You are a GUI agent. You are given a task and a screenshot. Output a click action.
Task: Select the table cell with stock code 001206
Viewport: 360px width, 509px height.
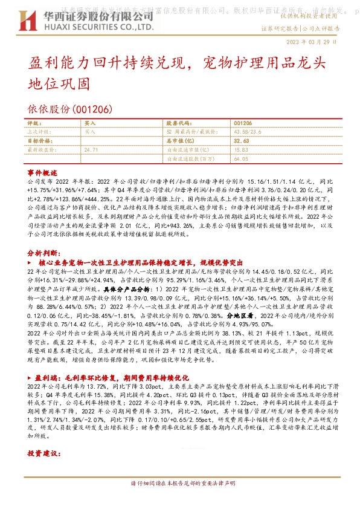click(242, 122)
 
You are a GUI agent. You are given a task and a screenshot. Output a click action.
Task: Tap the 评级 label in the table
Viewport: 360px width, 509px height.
click(34, 122)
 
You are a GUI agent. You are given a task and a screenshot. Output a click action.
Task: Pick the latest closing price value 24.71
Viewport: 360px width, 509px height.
click(91, 149)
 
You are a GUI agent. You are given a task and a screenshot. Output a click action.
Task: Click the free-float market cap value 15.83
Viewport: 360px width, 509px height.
click(241, 149)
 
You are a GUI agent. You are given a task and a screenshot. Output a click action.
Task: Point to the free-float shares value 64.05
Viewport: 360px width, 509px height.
click(241, 158)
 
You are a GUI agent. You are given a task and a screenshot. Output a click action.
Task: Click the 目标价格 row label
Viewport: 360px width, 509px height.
click(38, 140)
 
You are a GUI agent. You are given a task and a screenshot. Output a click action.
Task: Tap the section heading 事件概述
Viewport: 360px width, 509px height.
click(42, 172)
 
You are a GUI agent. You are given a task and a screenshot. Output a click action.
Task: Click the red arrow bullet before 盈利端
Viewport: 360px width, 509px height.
click(31, 376)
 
